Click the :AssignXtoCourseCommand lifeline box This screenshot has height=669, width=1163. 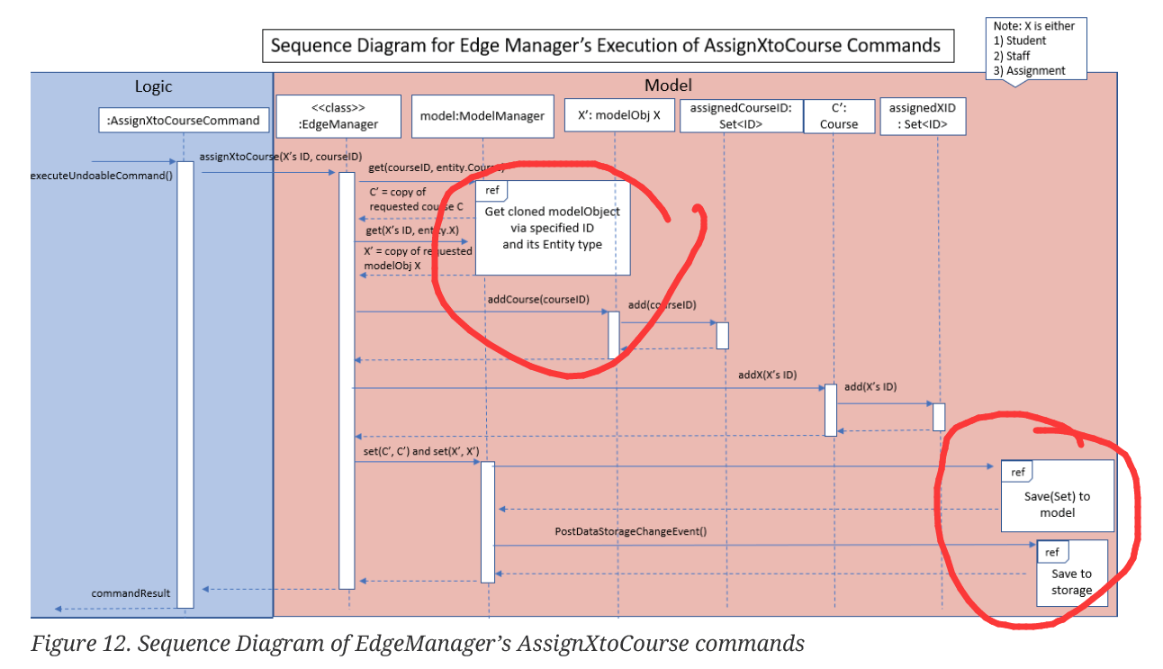[x=183, y=120]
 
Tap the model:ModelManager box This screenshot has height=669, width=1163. [x=482, y=116]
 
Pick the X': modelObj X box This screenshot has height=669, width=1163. [x=618, y=115]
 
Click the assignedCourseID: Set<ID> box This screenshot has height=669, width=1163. [x=741, y=115]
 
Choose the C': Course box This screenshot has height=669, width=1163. [x=838, y=116]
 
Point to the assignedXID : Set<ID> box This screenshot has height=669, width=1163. [x=922, y=116]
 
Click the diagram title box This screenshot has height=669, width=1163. [x=607, y=46]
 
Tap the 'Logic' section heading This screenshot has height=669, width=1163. [x=153, y=86]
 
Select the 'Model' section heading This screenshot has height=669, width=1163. [x=668, y=86]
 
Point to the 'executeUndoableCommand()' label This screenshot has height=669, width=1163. [x=101, y=175]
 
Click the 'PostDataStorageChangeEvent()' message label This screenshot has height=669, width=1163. [x=630, y=531]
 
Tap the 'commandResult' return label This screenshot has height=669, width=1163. [x=131, y=593]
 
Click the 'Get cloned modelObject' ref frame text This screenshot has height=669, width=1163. [x=552, y=227]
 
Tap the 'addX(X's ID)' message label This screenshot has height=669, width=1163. [x=767, y=375]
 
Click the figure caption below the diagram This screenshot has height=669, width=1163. [x=418, y=645]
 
